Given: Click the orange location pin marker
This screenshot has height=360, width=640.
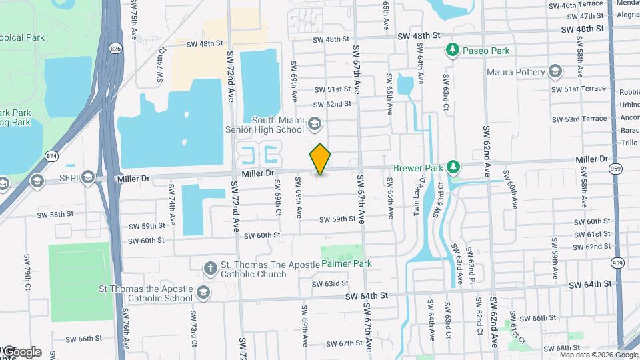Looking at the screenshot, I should click(321, 159).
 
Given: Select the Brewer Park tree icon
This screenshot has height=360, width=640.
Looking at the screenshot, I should click(454, 165).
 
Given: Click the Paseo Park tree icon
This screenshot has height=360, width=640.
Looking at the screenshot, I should click(453, 50).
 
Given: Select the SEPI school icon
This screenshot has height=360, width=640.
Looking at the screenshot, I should click(87, 179).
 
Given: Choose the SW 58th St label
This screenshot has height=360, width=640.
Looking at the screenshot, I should click(54, 215).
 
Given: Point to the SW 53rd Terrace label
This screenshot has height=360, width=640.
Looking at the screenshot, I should click(585, 119).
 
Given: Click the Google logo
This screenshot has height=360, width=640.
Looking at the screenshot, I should click(22, 351).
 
